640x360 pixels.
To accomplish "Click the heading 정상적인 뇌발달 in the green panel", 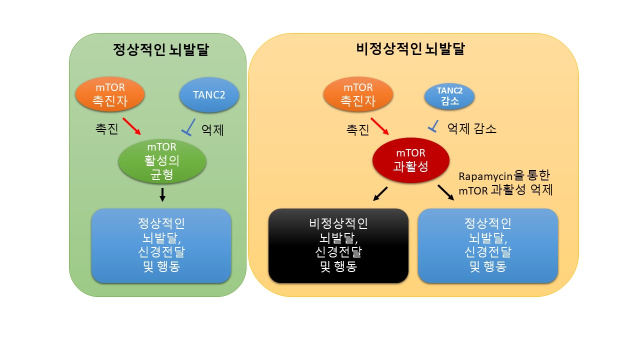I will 160,50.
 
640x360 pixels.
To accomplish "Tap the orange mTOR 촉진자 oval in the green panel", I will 110,94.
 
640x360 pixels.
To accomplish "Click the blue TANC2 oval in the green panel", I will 209,94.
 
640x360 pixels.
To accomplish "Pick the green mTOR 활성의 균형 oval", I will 162,161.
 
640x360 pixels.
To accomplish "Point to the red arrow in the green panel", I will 132,126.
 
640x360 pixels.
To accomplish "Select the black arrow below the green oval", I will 162,195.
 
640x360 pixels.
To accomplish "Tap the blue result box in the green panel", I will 161,245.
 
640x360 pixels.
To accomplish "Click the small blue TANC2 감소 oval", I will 449,96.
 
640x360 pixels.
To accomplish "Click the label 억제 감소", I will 471,129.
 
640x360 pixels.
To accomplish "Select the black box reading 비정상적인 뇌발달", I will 338,245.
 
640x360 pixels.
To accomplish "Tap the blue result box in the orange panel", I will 487,245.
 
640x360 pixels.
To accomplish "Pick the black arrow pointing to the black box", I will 380,194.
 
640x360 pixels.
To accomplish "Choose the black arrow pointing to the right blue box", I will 446,193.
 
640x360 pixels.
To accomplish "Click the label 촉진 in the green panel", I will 106,129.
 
